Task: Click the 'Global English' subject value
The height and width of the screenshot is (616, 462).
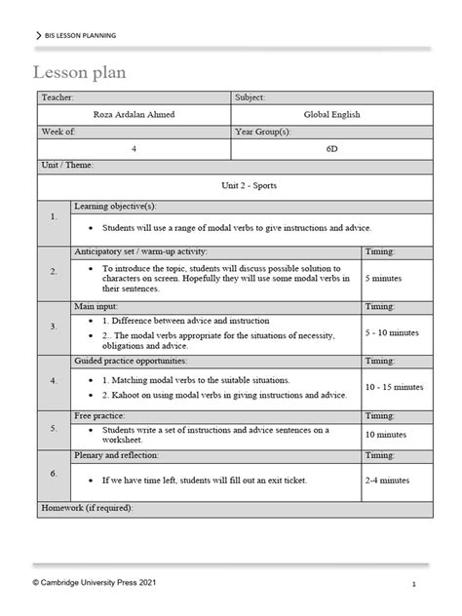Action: click(331, 114)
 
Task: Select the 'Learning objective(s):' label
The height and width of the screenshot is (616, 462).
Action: click(114, 206)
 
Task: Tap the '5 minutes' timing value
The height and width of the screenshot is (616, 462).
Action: click(387, 277)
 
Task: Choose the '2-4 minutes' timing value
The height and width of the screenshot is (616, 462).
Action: click(387, 481)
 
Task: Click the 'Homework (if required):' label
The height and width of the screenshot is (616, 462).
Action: click(88, 509)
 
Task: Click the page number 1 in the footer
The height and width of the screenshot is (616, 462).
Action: click(414, 584)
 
